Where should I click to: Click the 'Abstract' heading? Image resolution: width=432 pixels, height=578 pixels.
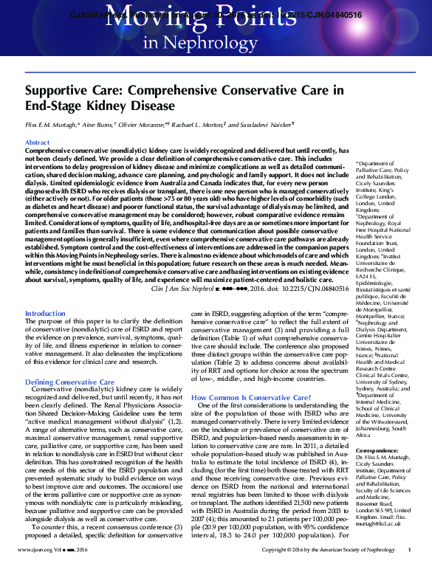[38, 142]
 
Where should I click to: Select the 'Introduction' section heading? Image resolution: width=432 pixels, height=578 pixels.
[46, 314]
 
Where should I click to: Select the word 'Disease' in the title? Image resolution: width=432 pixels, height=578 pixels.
[151, 106]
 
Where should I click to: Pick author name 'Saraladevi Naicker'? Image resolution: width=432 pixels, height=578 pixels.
[284, 127]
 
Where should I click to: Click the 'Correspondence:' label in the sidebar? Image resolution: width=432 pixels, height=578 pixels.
[377, 450]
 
